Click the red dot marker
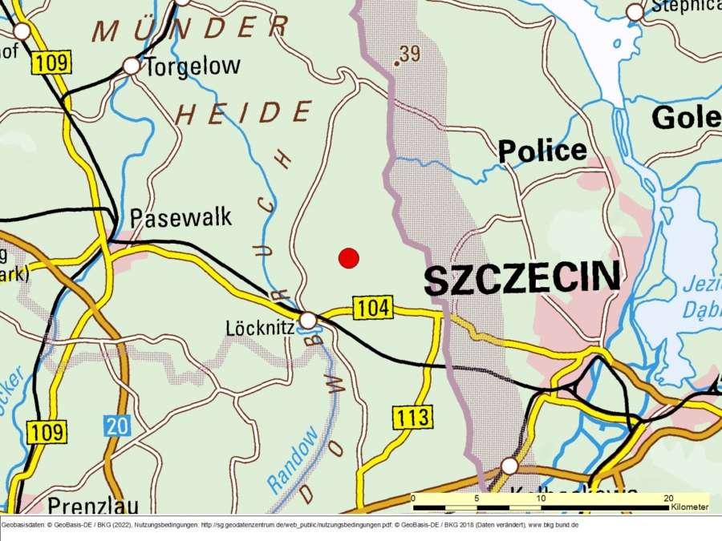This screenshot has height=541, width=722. [x=348, y=258]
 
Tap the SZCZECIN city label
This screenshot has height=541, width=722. [x=521, y=279]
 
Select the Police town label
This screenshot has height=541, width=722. [x=542, y=151]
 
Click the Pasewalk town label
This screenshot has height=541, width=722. [x=180, y=217]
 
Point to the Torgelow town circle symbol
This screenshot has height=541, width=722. [x=131, y=67]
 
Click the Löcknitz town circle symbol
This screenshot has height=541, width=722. [x=308, y=321]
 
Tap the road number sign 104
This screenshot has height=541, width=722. [x=372, y=307]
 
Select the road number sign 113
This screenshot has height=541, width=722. [x=412, y=416]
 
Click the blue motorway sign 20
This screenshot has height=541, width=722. [x=117, y=426]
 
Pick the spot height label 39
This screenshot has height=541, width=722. [x=408, y=54]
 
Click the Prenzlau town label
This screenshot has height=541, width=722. [x=92, y=506]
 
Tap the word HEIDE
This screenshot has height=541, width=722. [x=244, y=114]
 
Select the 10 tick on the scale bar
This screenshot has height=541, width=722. [x=541, y=499]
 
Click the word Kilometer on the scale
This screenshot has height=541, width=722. [x=690, y=507]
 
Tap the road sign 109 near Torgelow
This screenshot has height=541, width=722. [x=51, y=63]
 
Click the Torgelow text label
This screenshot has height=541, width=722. [x=192, y=67]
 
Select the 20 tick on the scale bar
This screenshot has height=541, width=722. [x=668, y=499]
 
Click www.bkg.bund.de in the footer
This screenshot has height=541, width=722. [x=553, y=524]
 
